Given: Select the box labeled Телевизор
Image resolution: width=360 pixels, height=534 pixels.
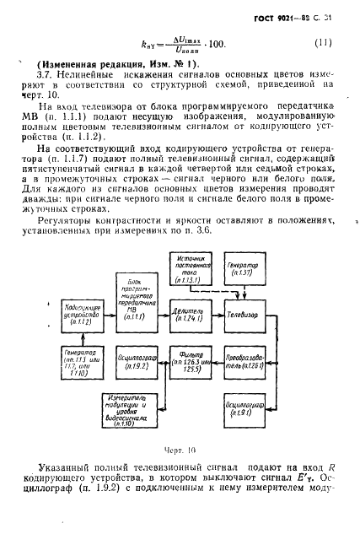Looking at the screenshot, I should [242, 313].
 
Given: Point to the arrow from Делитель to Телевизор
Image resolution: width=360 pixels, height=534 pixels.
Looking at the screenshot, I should [213, 313].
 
